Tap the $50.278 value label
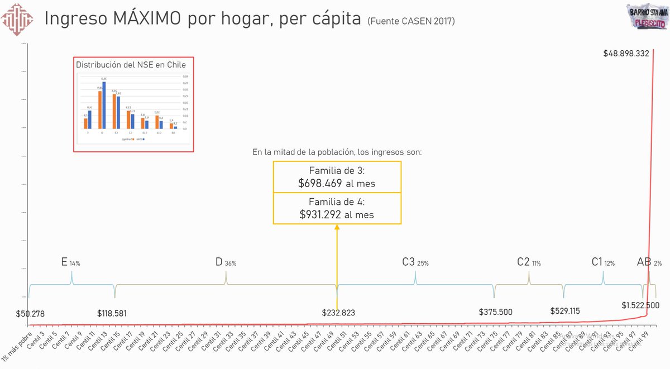[x=30, y=314]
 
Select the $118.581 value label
[x=112, y=314]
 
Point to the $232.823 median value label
[x=338, y=313]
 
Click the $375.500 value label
[x=495, y=312]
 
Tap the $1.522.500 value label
[x=640, y=305]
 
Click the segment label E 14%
[x=70, y=262]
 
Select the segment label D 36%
[x=226, y=262]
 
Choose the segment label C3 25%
[x=415, y=262]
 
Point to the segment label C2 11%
[x=529, y=262]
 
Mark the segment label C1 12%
[x=603, y=262]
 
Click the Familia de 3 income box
[x=337, y=177]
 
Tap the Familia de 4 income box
[x=337, y=208]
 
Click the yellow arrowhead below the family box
[x=337, y=227]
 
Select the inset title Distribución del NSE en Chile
[x=131, y=65]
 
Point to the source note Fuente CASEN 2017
[x=411, y=21]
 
